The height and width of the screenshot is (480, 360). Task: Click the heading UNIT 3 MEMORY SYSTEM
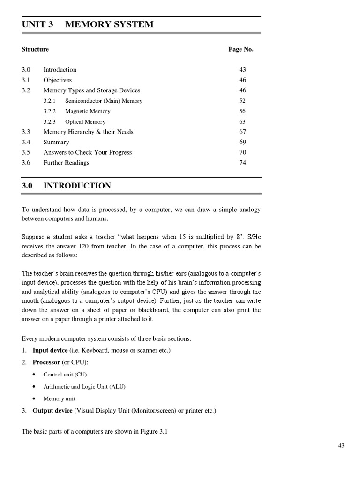pyautogui.click(x=88, y=24)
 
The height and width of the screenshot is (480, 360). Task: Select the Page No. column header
pyautogui.click(x=241, y=49)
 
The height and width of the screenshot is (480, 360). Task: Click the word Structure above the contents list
pyautogui.click(x=35, y=49)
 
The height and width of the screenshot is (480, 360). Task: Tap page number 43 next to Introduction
pyautogui.click(x=242, y=70)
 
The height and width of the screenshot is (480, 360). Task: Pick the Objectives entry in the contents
pyautogui.click(x=58, y=80)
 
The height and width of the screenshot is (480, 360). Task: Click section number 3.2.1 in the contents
pyautogui.click(x=50, y=101)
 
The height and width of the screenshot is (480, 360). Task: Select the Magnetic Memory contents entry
pyautogui.click(x=88, y=111)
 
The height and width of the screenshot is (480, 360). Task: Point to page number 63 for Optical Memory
pyautogui.click(x=242, y=121)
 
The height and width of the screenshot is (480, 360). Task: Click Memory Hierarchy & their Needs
pyautogui.click(x=88, y=132)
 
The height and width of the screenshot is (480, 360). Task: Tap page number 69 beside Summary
pyautogui.click(x=242, y=142)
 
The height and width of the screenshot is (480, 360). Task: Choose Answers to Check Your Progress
pyautogui.click(x=88, y=152)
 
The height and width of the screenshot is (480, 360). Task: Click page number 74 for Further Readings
pyautogui.click(x=242, y=163)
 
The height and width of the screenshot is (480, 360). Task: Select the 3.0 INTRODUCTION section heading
pyautogui.click(x=67, y=186)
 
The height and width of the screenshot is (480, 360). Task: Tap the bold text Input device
pyautogui.click(x=50, y=350)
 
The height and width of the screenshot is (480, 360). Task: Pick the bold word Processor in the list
pyautogui.click(x=46, y=362)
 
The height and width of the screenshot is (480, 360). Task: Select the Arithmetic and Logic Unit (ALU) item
pyautogui.click(x=84, y=387)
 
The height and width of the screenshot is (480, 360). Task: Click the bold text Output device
pyautogui.click(x=52, y=411)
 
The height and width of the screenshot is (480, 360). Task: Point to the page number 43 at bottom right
pyautogui.click(x=341, y=446)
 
